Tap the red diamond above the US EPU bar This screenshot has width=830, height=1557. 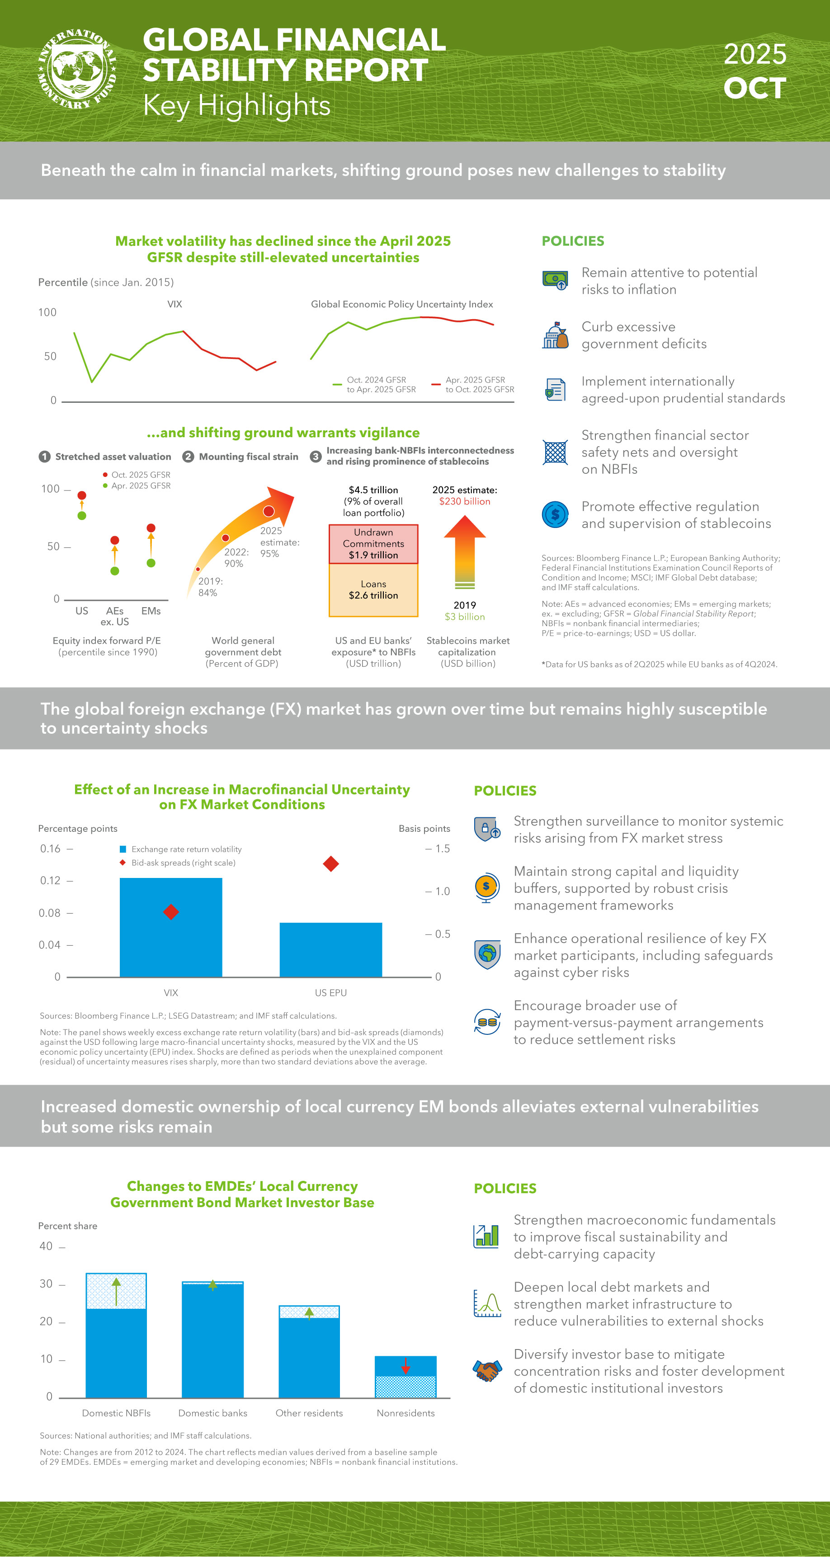click(x=330, y=864)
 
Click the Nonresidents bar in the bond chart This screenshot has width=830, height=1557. click(x=405, y=1378)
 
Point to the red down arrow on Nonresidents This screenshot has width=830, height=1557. click(x=405, y=1365)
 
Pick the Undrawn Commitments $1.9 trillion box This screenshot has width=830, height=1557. click(x=373, y=544)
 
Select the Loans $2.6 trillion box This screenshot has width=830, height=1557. click(x=373, y=590)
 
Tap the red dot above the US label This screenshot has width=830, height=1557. click(x=82, y=495)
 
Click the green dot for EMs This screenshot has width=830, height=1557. click(x=151, y=563)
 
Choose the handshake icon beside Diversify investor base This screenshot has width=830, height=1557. click(x=487, y=1371)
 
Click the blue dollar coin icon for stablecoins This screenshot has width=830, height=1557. click(x=555, y=515)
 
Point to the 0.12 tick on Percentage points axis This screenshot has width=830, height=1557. click(x=51, y=881)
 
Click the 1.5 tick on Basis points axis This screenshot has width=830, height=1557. click(x=441, y=849)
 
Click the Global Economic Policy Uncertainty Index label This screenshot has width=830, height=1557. click(x=401, y=304)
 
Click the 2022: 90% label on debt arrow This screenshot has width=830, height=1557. click(x=236, y=557)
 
